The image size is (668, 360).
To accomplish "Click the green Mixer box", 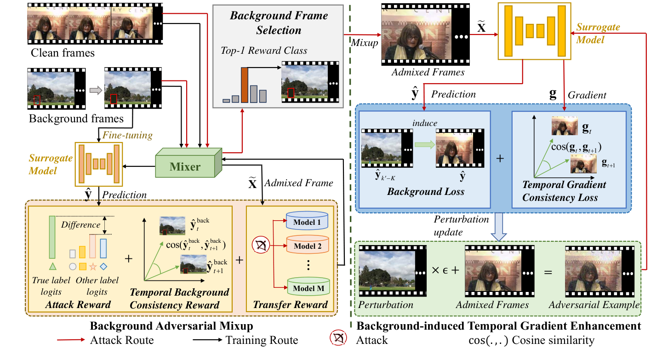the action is pyautogui.click(x=188, y=163).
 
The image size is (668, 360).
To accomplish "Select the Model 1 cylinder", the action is pyautogui.click(x=307, y=220).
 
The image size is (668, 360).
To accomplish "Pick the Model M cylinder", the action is pyautogui.click(x=308, y=286).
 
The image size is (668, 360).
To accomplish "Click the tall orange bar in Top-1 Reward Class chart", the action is pyautogui.click(x=245, y=85).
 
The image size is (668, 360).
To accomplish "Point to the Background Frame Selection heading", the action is pyautogui.click(x=279, y=23).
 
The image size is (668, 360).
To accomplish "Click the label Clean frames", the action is pyautogui.click(x=63, y=53).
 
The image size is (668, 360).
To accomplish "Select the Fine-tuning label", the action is pyautogui.click(x=127, y=135).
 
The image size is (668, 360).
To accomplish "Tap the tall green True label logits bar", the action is pyautogui.click(x=52, y=237).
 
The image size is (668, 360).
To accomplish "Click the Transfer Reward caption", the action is pyautogui.click(x=290, y=304).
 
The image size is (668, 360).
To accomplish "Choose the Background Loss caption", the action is pyautogui.click(x=426, y=191).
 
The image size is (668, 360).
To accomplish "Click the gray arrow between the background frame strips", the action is pyautogui.click(x=96, y=90).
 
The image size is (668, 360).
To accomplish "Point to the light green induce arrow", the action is pyautogui.click(x=425, y=145).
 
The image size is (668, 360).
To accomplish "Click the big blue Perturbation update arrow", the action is pyautogui.click(x=499, y=227).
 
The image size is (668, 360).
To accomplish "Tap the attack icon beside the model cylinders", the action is pyautogui.click(x=261, y=245).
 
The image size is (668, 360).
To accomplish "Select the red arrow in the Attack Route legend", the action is pyautogui.click(x=71, y=340).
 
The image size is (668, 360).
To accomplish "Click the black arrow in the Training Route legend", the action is pyautogui.click(x=207, y=340).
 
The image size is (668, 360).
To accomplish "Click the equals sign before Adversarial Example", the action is pyautogui.click(x=548, y=272).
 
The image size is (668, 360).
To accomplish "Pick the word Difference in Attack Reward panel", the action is pyautogui.click(x=80, y=224).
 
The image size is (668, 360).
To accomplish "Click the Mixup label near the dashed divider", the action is pyautogui.click(x=365, y=43).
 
